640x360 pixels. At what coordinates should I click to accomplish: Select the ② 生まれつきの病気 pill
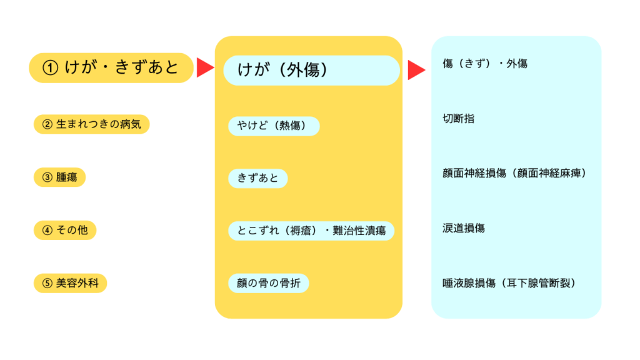point(91,124)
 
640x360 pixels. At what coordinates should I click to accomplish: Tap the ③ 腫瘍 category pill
point(59,177)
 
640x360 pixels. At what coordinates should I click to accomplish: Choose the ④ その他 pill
point(65,231)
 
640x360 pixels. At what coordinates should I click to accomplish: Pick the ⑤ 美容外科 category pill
point(70,283)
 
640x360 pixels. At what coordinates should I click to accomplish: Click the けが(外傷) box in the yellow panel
point(311,71)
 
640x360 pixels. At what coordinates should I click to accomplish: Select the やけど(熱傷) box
point(274,126)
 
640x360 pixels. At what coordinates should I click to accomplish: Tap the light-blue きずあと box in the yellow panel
point(257,179)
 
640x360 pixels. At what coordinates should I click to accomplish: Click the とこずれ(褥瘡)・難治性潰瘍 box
point(311,231)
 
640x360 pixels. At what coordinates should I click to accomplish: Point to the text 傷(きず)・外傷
point(484,64)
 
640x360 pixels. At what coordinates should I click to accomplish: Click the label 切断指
point(458,118)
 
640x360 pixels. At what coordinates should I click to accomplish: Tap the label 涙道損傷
point(463,228)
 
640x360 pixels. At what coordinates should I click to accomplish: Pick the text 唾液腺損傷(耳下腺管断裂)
point(508,283)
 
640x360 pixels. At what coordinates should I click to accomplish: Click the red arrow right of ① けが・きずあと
point(205,67)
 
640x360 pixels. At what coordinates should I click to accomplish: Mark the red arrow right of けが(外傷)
point(416,71)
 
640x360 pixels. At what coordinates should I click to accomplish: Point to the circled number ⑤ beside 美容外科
point(47,283)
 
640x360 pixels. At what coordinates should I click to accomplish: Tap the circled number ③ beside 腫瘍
point(47,177)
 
